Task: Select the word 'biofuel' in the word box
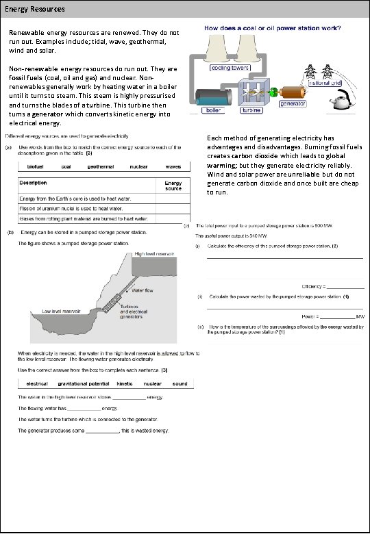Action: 36,166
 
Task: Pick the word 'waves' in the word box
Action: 173,166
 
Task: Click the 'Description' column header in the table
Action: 33,183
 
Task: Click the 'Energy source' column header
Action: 173,186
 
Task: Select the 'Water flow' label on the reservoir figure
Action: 142,290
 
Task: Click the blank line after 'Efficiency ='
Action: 346,285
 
